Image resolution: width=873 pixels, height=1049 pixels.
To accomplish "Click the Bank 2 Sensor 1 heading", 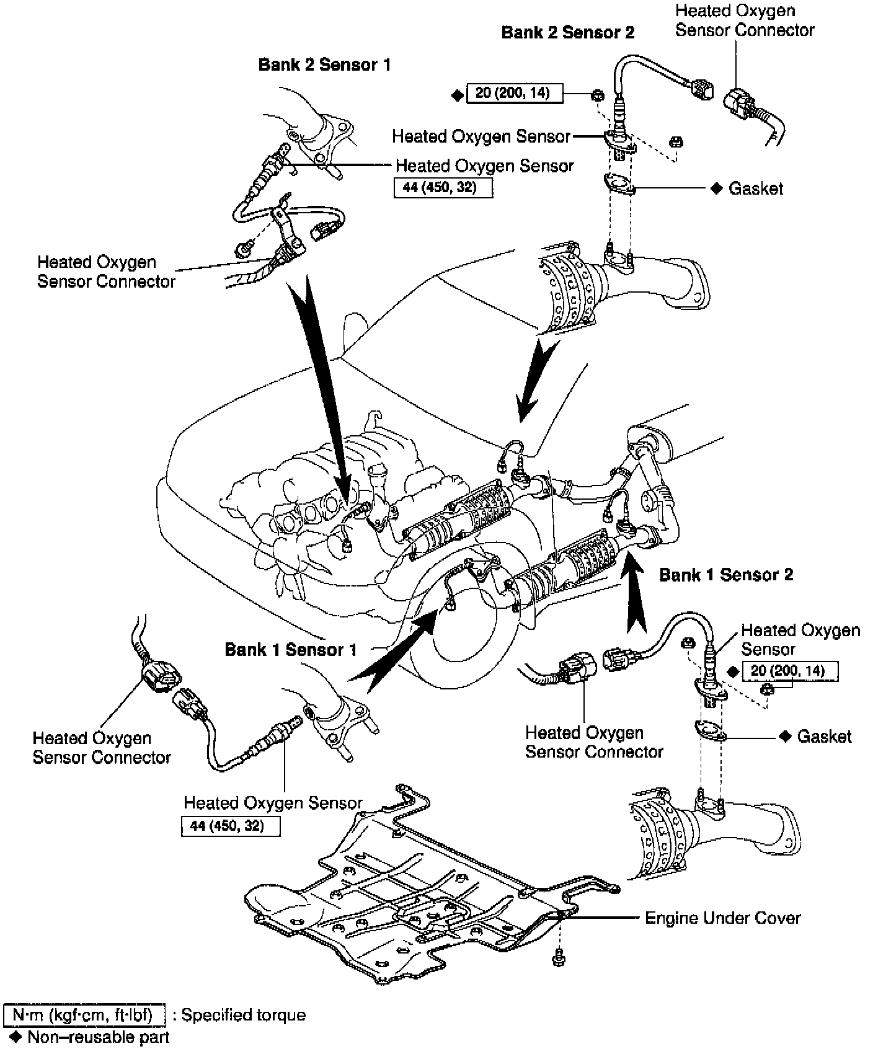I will click(324, 64).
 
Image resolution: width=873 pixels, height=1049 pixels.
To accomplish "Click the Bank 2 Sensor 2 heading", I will click(567, 32).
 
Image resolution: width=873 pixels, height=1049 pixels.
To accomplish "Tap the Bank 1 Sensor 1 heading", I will click(291, 649).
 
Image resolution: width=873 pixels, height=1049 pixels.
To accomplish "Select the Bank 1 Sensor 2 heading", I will click(725, 575).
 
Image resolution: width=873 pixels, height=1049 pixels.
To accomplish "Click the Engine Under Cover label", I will click(722, 918).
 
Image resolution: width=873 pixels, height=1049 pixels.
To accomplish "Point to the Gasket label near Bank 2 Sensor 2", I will click(755, 188).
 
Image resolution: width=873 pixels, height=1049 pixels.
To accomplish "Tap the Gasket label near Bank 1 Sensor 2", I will click(824, 736).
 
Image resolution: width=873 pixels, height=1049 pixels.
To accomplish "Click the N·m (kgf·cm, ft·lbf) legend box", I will click(85, 1015).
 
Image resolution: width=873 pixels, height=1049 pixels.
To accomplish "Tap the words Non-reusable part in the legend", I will click(98, 1037).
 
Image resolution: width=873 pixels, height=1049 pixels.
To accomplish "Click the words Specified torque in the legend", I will click(243, 1015).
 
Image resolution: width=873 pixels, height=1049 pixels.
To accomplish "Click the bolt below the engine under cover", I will click(556, 959).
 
